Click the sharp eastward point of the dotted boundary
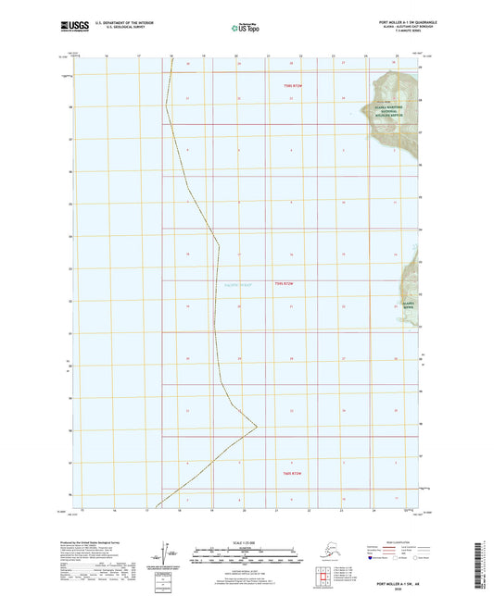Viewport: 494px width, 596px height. click(x=257, y=428)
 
